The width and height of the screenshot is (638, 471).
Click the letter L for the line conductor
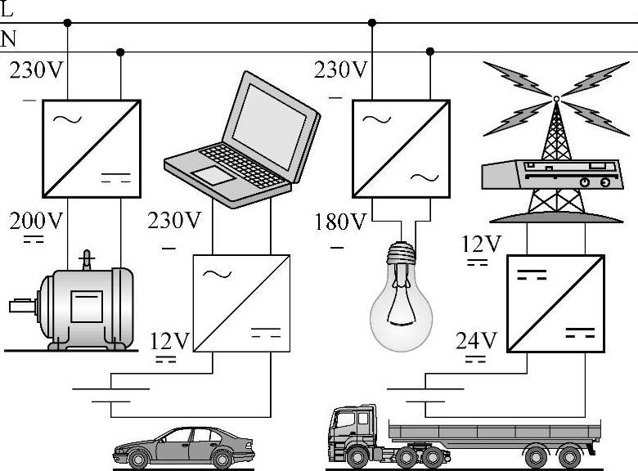[7, 9]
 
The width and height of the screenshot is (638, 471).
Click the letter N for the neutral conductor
[8, 38]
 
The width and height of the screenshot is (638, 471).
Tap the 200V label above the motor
[36, 221]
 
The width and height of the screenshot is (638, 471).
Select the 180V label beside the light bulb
[340, 222]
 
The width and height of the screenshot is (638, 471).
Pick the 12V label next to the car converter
[170, 339]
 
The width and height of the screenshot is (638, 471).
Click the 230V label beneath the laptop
[173, 221]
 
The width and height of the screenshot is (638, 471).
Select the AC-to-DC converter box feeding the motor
[92, 148]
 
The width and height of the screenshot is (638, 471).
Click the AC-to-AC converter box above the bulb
[401, 148]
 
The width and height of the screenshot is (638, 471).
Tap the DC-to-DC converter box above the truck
[556, 303]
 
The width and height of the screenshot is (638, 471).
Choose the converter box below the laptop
[242, 303]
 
